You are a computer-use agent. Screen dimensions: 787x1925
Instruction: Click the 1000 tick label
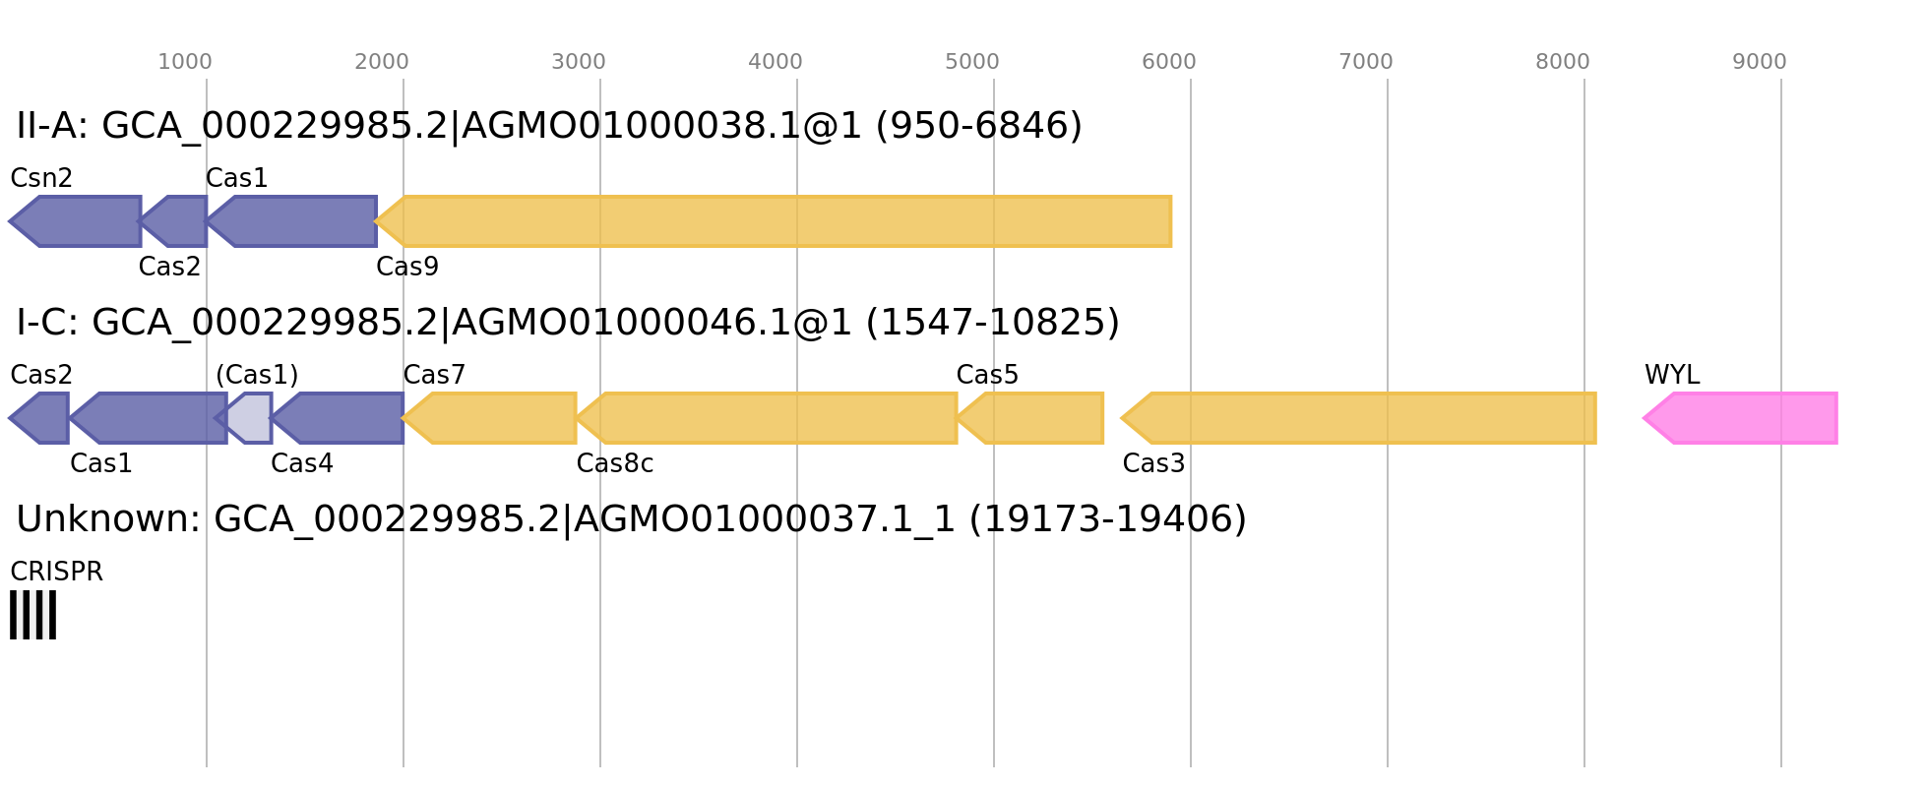point(185,62)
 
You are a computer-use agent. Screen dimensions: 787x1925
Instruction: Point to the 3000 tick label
point(579,62)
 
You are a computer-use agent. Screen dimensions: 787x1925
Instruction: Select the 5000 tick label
point(972,62)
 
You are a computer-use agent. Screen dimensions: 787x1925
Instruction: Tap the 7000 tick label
point(1366,62)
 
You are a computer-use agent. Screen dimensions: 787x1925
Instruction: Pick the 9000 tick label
point(1760,62)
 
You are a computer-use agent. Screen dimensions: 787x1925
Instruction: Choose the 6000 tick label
point(1169,62)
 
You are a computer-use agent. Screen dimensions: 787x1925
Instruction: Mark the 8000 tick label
point(1563,62)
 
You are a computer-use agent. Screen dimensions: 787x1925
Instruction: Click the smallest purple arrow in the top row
point(177,221)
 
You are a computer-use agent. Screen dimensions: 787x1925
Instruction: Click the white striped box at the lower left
point(33,615)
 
